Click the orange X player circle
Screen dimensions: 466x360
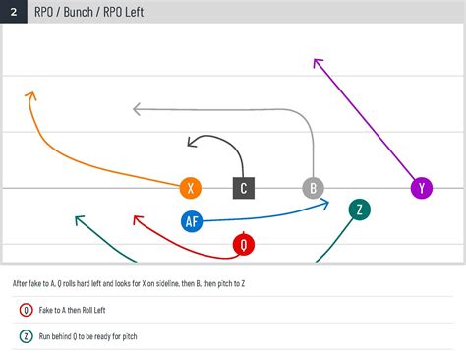tap(192, 188)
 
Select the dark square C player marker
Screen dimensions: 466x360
tap(244, 188)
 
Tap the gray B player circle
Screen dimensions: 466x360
tap(313, 188)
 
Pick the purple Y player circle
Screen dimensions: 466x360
tap(422, 188)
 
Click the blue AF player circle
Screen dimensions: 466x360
tap(193, 221)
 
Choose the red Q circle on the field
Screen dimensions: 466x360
tap(243, 244)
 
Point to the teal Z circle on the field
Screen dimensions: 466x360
tap(360, 209)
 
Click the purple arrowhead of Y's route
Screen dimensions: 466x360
tap(317, 62)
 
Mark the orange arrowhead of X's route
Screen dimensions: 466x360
tap(29, 95)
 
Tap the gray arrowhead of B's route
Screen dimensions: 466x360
tap(138, 108)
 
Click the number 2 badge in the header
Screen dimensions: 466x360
tap(13, 13)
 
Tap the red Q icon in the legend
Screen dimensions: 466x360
tap(26, 310)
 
